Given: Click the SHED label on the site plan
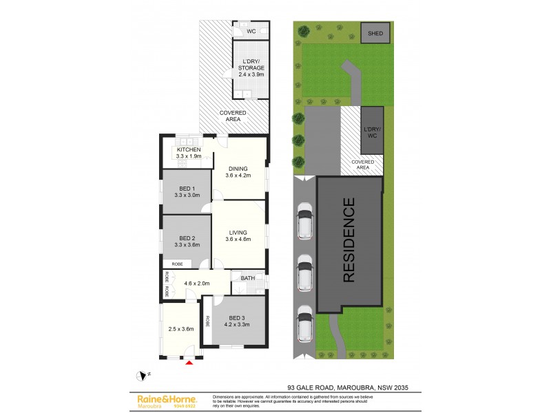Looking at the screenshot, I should [375, 33].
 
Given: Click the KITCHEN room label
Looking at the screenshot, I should [189, 150].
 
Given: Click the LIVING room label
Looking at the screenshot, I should [238, 233].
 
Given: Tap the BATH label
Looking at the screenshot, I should [247, 278].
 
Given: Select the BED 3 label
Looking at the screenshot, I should [238, 317].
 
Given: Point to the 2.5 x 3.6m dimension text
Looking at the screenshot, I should [181, 328].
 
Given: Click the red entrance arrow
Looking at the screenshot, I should [189, 362].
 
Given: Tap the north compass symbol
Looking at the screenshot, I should [143, 376].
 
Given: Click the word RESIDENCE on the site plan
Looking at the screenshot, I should [349, 240].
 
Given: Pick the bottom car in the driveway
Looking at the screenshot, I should [304, 324].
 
